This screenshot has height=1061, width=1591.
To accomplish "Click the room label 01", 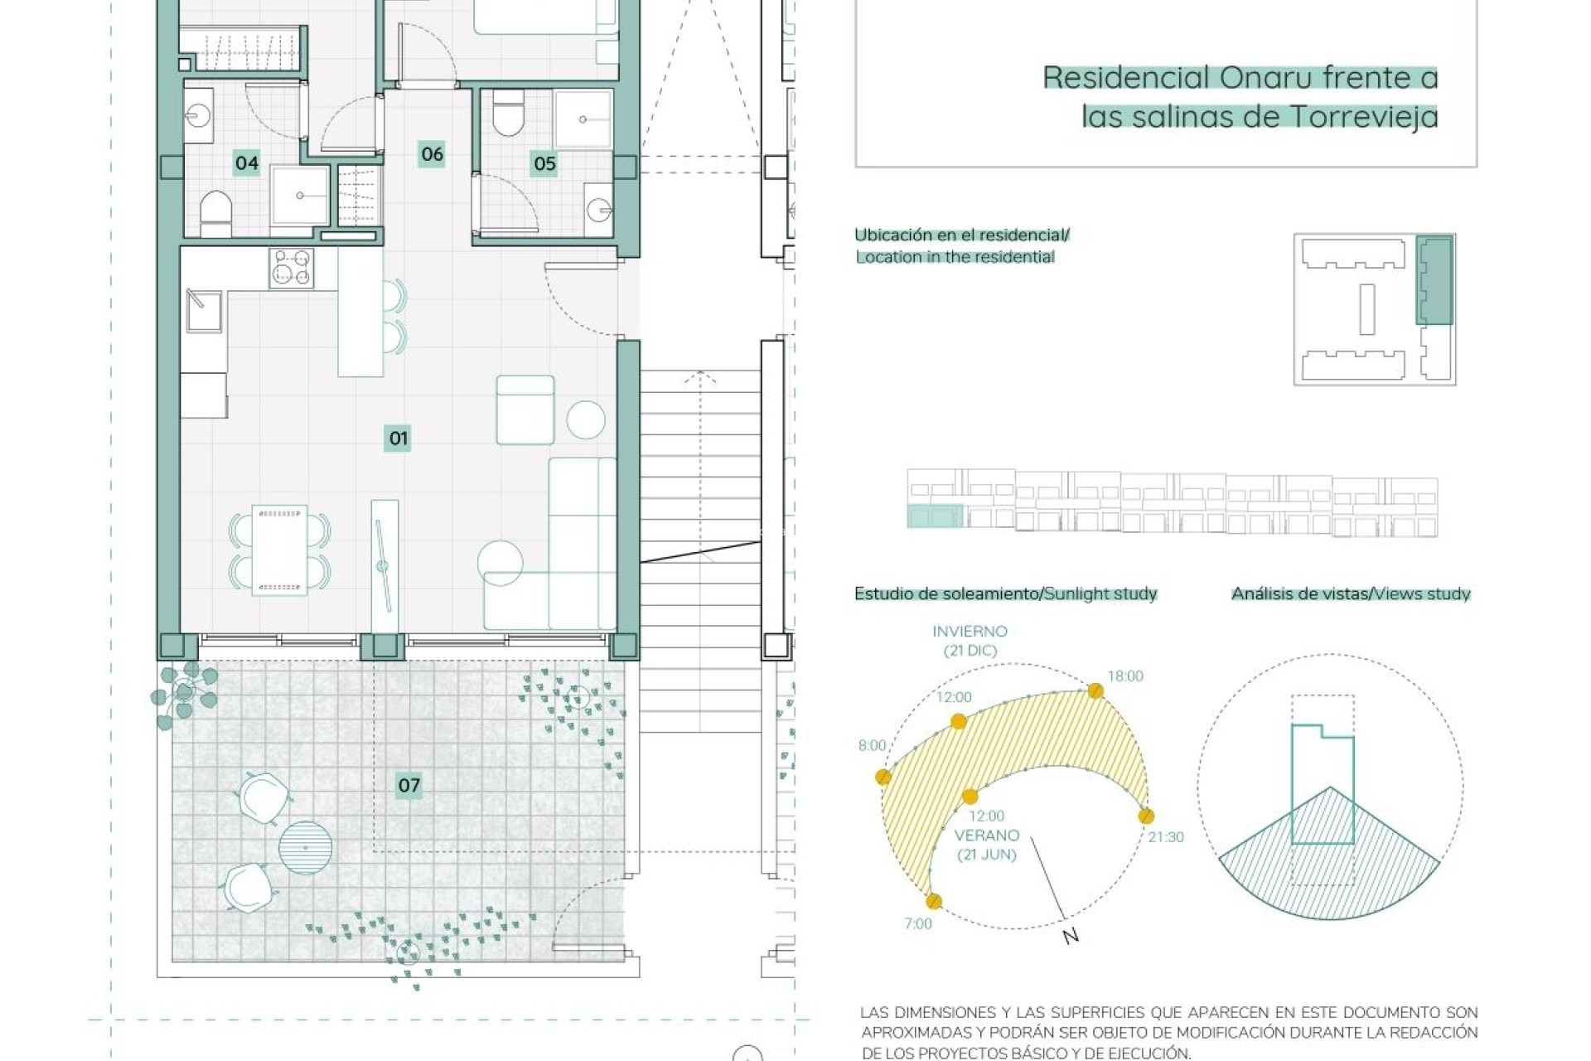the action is click(399, 438).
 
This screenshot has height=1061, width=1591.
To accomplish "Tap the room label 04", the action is click(247, 162).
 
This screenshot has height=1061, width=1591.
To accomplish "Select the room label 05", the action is click(544, 163).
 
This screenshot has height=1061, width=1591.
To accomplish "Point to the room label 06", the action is click(432, 153).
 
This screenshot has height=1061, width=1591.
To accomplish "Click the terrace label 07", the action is click(409, 785).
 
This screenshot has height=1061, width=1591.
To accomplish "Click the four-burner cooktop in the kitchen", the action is click(292, 269).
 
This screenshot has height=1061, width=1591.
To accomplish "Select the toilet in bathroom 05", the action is click(508, 114).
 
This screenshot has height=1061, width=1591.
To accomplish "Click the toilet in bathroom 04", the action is click(216, 213).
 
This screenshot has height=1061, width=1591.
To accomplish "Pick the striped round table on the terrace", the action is click(306, 847).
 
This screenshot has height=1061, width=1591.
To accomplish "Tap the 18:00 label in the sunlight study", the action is click(1125, 676).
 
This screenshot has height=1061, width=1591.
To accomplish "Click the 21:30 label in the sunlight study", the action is click(1166, 837).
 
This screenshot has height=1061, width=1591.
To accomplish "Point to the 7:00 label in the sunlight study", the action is click(918, 923).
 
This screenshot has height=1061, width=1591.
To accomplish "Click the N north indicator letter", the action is click(1071, 936).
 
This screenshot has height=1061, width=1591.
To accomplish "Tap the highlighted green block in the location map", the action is click(1434, 279).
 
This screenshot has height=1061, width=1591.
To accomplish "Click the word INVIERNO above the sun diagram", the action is click(970, 632).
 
